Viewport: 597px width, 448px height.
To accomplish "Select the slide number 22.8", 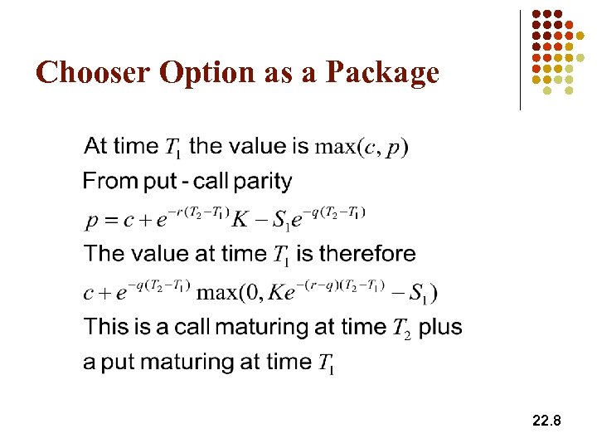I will point(546,421).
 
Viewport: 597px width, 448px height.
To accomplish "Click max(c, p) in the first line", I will point(362,148).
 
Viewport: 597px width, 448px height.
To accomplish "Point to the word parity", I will point(263,182).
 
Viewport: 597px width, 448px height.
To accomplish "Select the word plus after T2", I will point(440,327).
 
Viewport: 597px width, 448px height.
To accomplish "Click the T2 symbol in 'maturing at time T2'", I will point(401,329).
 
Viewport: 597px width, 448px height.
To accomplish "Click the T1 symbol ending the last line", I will point(326,363).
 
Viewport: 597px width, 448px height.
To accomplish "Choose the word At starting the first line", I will point(96,147).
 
